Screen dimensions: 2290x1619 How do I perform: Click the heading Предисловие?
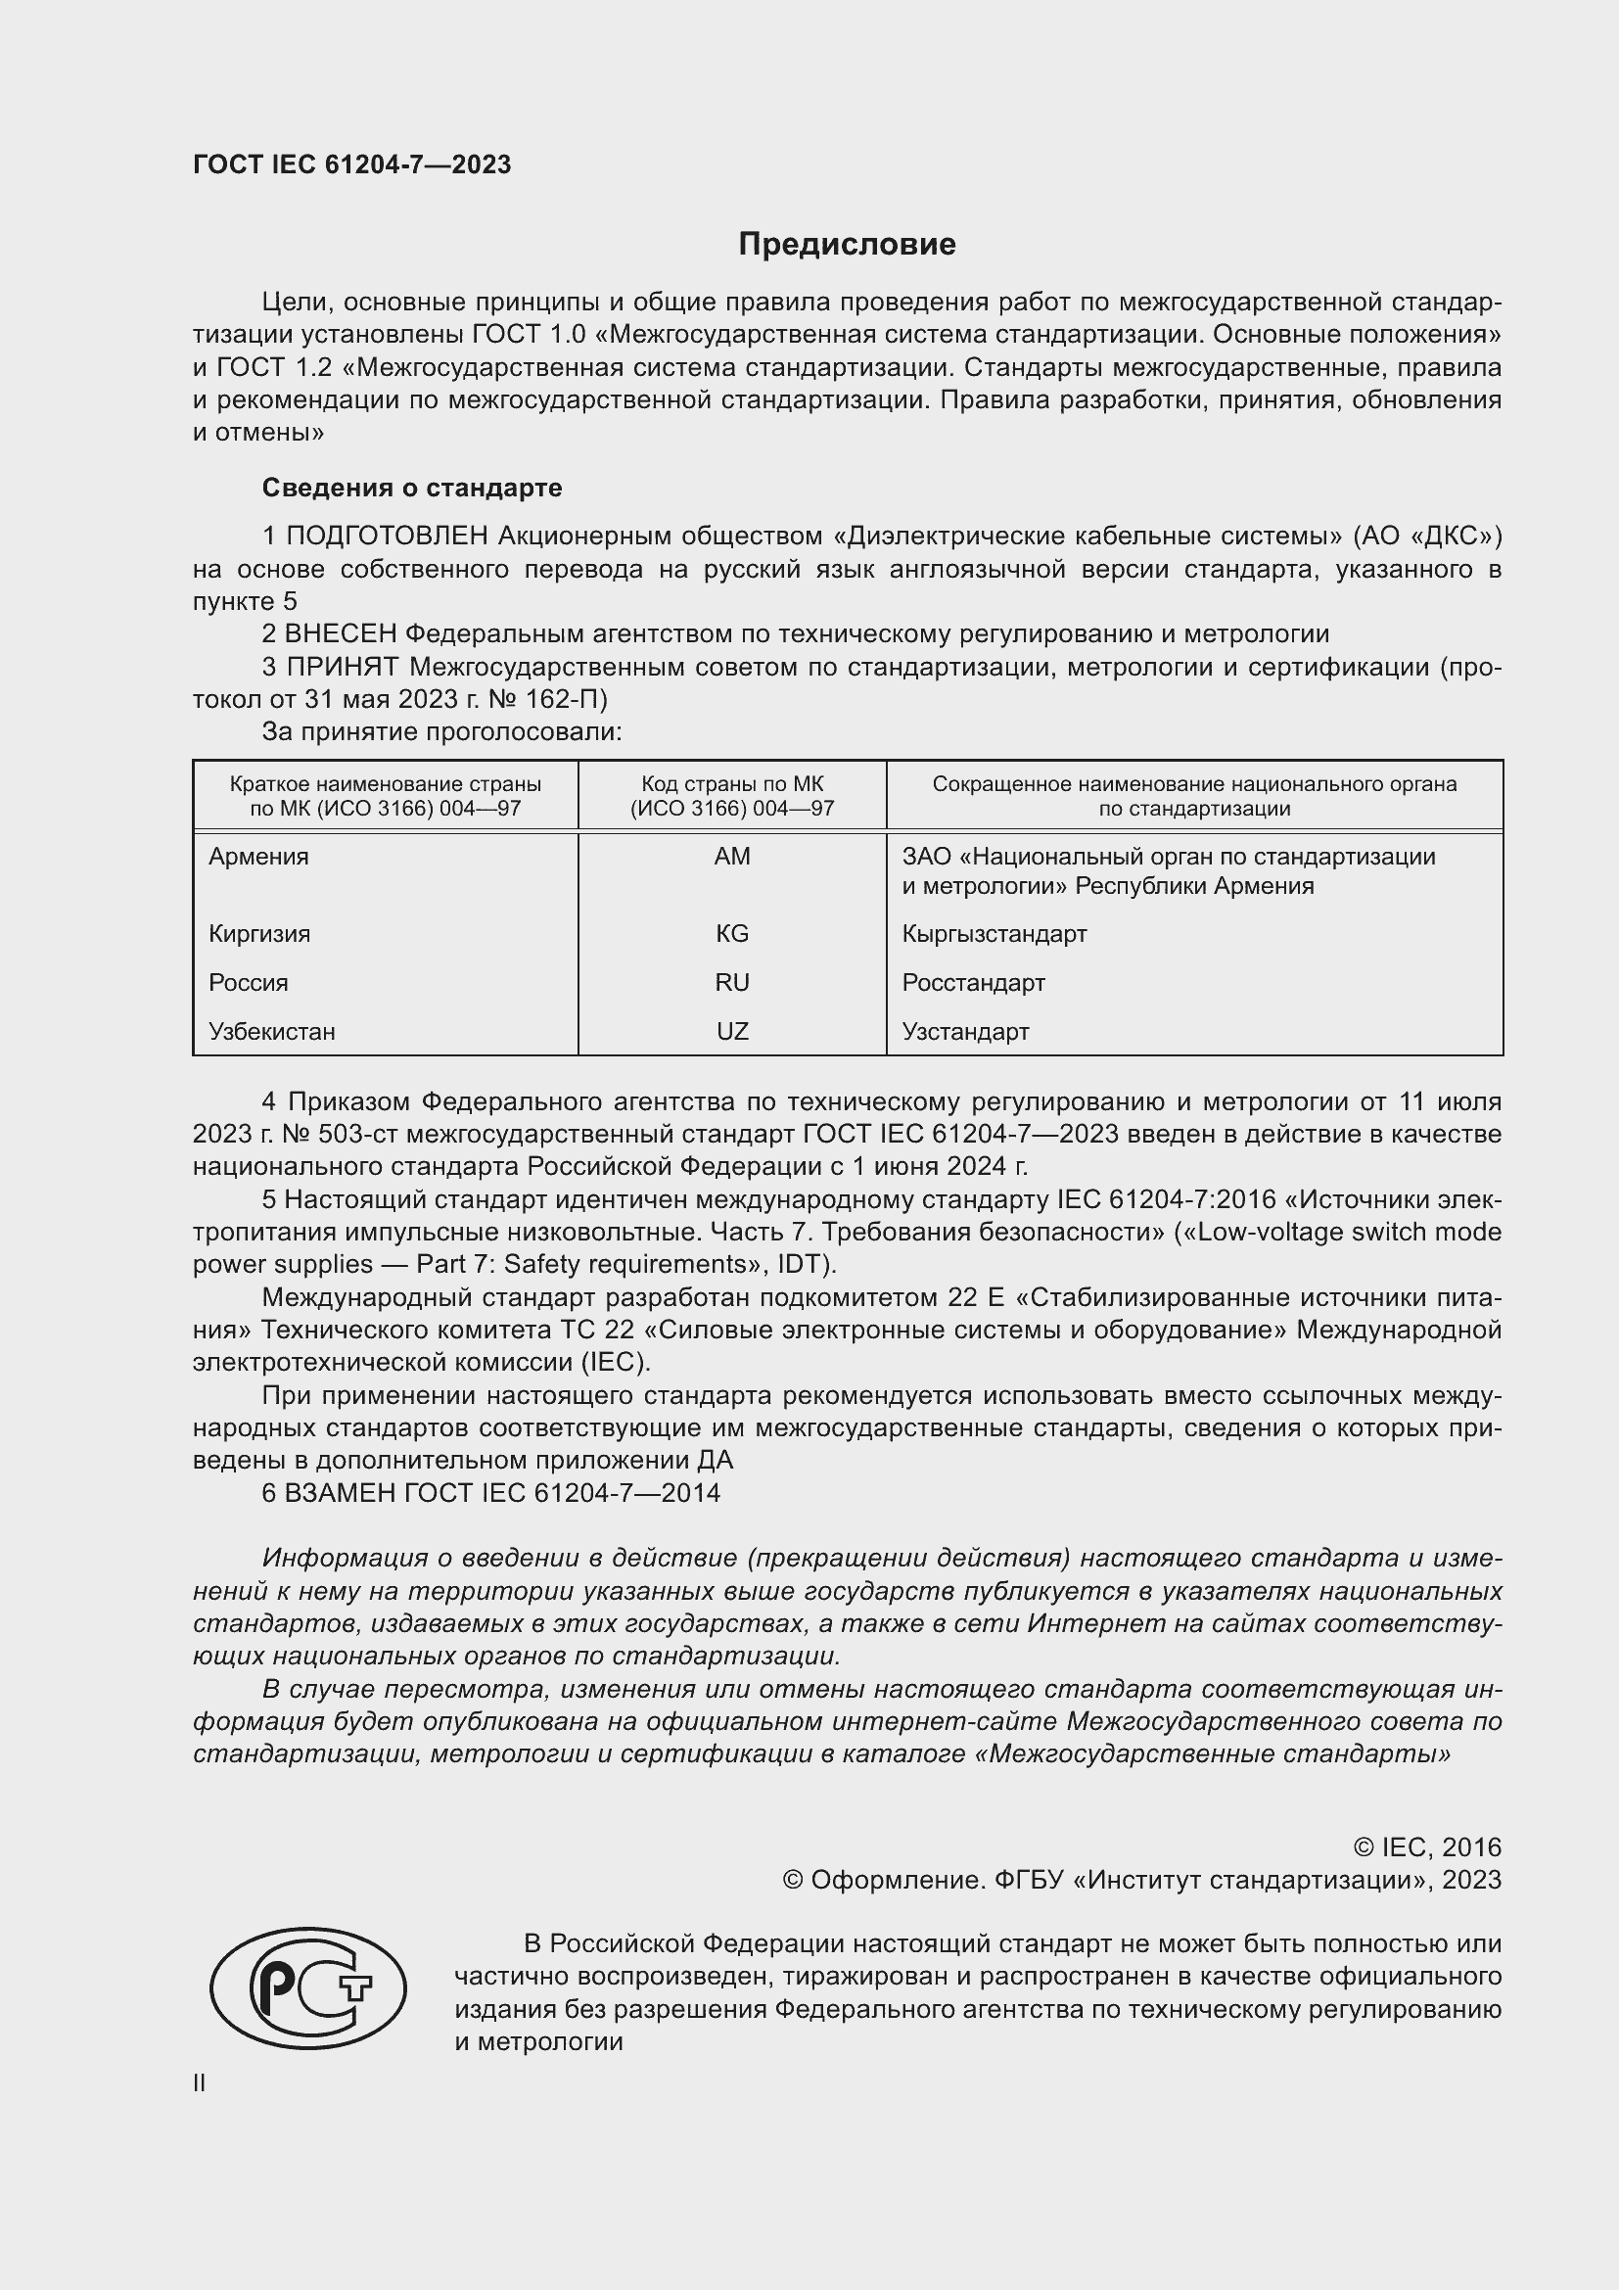point(847,245)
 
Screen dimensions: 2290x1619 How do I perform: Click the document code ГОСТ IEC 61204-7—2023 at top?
point(352,164)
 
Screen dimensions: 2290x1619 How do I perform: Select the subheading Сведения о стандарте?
point(412,488)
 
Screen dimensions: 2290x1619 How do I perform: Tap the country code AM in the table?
point(732,857)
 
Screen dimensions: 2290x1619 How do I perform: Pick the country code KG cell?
point(732,934)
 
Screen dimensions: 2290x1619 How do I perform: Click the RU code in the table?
point(732,982)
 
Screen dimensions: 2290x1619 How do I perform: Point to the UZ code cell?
point(732,1031)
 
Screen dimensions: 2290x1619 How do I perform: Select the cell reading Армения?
point(258,857)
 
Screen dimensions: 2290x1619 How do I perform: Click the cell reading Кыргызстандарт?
point(994,934)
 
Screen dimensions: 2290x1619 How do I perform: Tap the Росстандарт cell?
point(973,982)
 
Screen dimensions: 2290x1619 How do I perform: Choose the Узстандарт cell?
point(965,1031)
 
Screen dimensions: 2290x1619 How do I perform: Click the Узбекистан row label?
point(271,1031)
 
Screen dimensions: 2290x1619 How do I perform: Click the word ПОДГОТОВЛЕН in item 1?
point(387,537)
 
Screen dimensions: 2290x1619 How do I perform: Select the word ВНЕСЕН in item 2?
point(341,634)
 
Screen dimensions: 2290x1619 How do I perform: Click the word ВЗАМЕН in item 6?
point(341,1493)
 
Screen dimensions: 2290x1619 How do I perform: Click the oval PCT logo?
point(308,1987)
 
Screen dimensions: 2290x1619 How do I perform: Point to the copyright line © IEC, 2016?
point(1426,1847)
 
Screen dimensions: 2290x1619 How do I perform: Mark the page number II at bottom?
point(200,2082)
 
